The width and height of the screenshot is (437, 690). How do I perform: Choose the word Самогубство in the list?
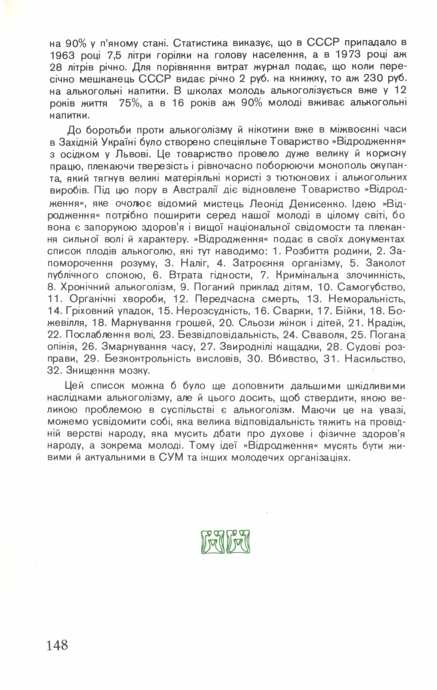click(x=371, y=287)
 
